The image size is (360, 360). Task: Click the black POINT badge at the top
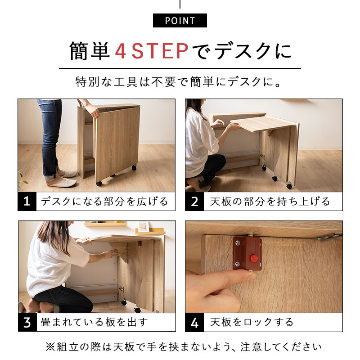[180, 21]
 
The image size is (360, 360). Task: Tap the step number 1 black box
[27, 201]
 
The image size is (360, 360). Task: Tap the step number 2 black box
[194, 201]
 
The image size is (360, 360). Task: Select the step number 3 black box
[27, 322]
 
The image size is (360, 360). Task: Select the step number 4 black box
[194, 322]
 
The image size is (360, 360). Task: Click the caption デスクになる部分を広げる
[104, 201]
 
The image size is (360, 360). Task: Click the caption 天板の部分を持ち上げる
[270, 201]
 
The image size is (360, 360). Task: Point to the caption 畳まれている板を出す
[94, 322]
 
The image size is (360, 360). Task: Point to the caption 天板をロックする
[252, 322]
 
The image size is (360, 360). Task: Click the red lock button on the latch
[254, 258]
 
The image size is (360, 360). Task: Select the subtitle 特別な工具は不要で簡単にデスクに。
[180, 83]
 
